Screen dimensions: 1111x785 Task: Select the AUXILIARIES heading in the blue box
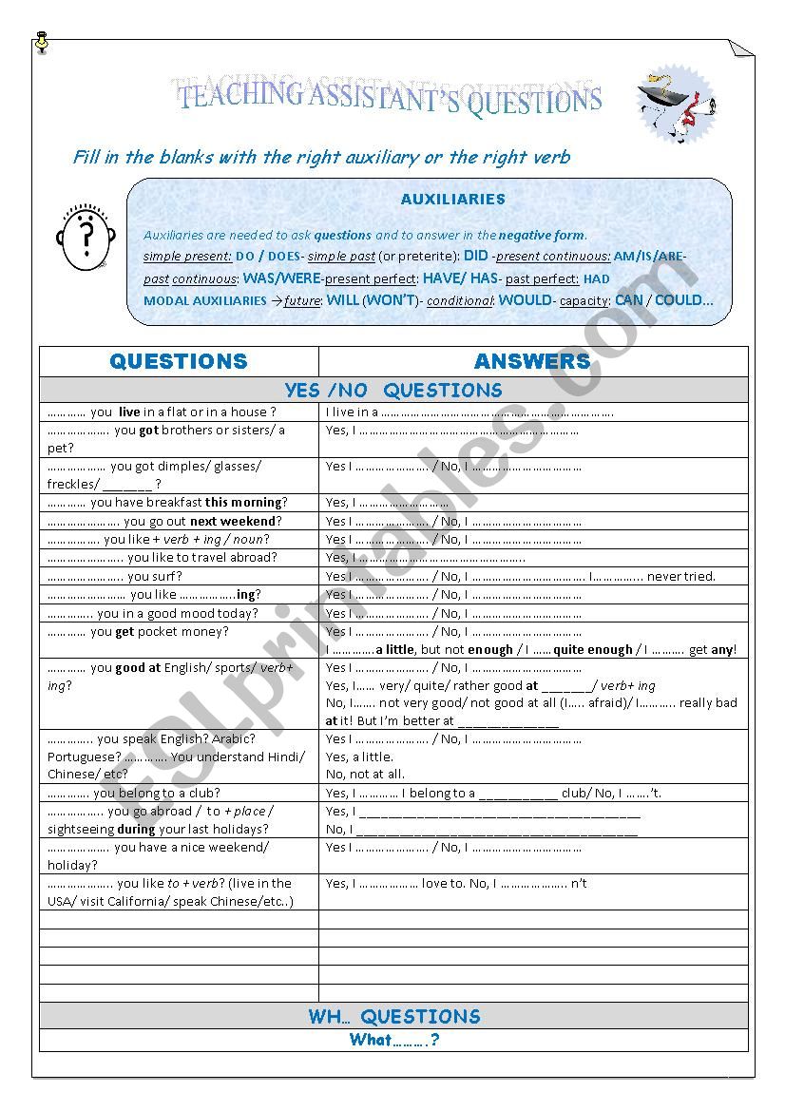pos(452,200)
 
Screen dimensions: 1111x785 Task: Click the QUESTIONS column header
pos(179,361)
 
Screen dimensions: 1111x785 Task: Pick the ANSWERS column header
pos(532,361)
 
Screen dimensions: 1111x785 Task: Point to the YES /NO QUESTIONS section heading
pos(393,391)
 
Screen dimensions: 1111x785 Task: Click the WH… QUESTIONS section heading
pos(393,1017)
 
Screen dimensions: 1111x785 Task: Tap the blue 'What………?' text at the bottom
pos(393,1040)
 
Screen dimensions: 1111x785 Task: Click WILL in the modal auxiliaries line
pos(343,300)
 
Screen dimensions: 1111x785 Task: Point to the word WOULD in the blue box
pos(525,300)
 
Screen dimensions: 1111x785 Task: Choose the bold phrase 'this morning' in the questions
pos(243,503)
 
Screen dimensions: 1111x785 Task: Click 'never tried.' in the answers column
pos(681,576)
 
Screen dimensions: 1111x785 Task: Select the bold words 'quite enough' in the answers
pos(594,650)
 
